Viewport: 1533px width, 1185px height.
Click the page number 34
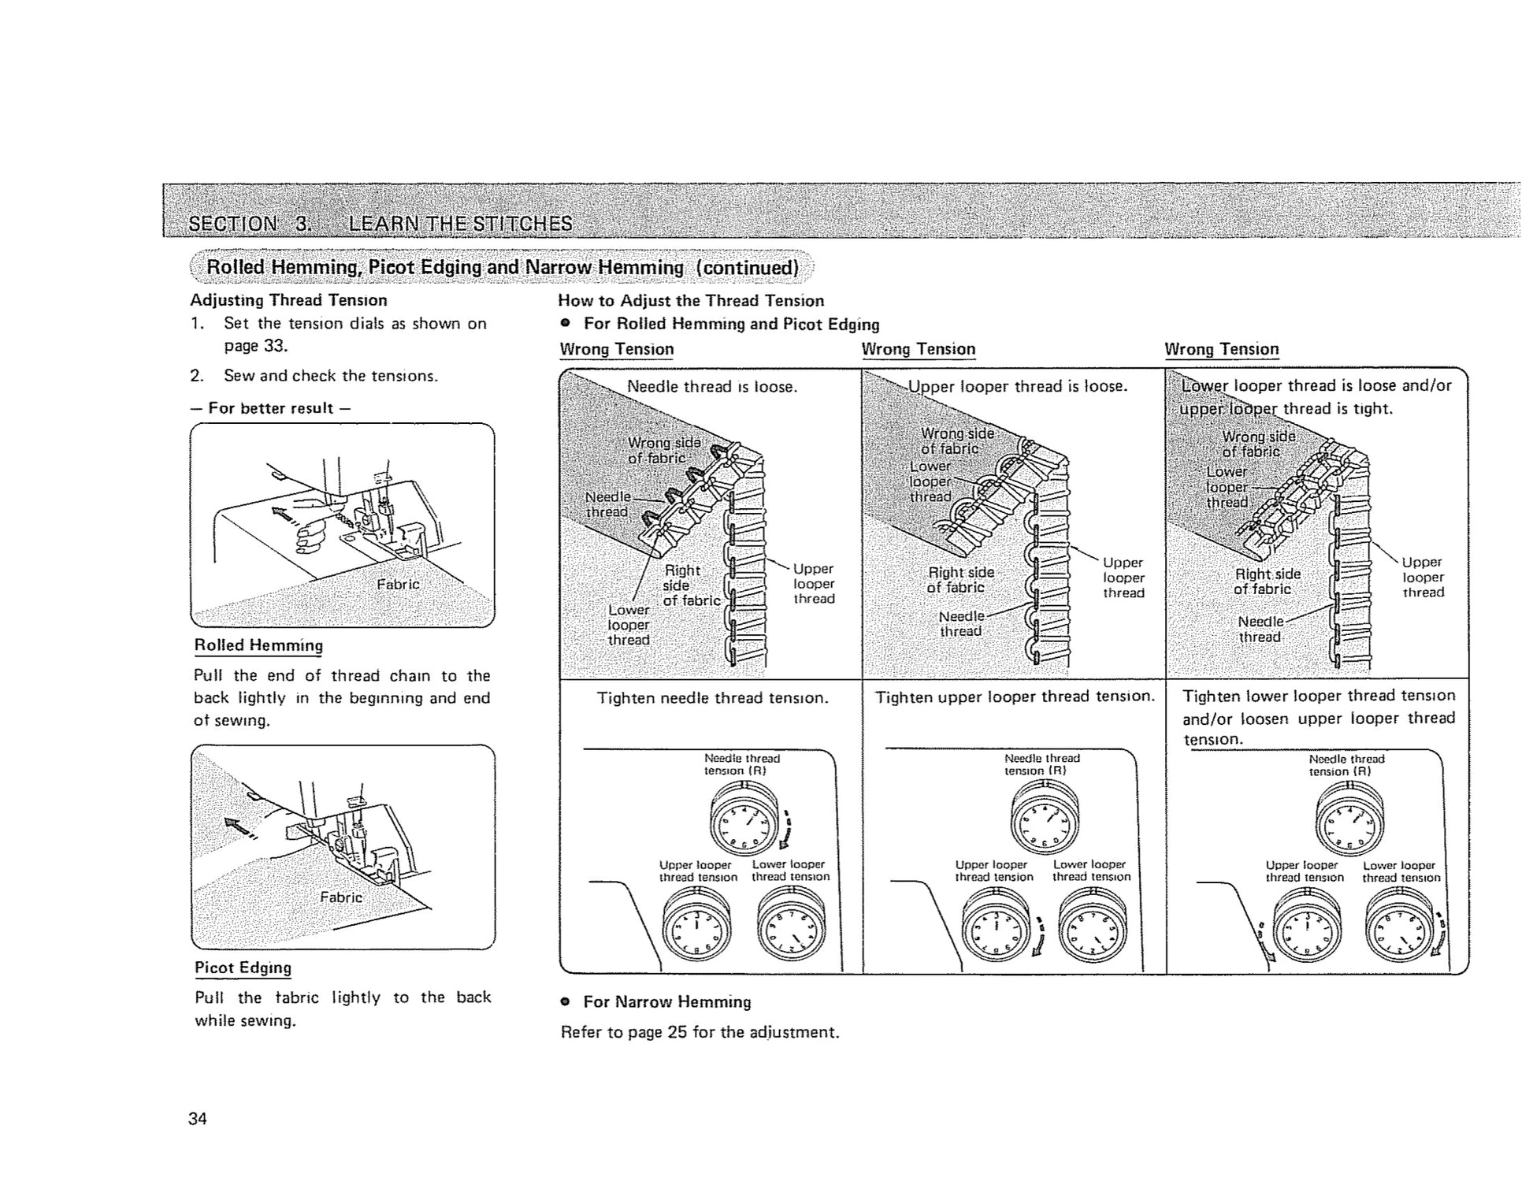[x=198, y=1119]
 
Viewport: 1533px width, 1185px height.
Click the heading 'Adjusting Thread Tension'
[x=288, y=300]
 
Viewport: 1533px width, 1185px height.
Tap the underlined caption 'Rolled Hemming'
[x=258, y=645]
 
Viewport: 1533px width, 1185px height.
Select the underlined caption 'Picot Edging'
[x=243, y=968]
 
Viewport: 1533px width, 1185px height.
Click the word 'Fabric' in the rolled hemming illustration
[x=398, y=584]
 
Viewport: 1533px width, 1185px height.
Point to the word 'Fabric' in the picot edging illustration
[x=341, y=897]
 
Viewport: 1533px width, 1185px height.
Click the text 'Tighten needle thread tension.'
[x=712, y=698]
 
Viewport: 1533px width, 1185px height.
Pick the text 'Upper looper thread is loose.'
[x=1017, y=386]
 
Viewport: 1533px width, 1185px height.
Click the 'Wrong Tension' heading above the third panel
[x=1221, y=349]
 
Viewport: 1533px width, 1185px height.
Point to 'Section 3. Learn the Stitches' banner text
[x=380, y=224]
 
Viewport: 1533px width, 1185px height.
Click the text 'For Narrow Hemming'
[x=666, y=1002]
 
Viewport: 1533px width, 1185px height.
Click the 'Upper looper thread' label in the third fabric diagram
[x=1422, y=577]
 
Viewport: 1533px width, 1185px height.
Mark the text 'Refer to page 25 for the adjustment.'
[x=700, y=1032]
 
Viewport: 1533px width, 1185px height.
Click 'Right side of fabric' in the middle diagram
[x=960, y=580]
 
